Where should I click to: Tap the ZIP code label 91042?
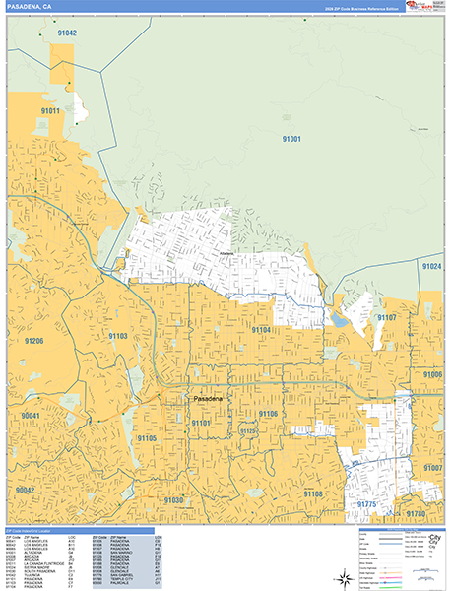pyautogui.click(x=67, y=33)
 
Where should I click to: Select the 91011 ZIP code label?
pyautogui.click(x=51, y=111)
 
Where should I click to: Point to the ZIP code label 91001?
pyautogui.click(x=291, y=139)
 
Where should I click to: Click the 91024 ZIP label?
pyautogui.click(x=430, y=266)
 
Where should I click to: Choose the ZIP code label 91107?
pyautogui.click(x=385, y=318)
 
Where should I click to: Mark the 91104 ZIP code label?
pyautogui.click(x=261, y=329)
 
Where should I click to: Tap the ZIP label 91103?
pyautogui.click(x=118, y=336)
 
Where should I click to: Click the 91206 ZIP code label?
pyautogui.click(x=32, y=340)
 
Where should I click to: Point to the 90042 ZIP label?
pyautogui.click(x=26, y=490)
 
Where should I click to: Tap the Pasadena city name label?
pyautogui.click(x=208, y=399)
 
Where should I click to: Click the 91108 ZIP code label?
pyautogui.click(x=313, y=492)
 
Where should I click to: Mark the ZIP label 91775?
pyautogui.click(x=366, y=504)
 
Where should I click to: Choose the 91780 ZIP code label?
pyautogui.click(x=416, y=513)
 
